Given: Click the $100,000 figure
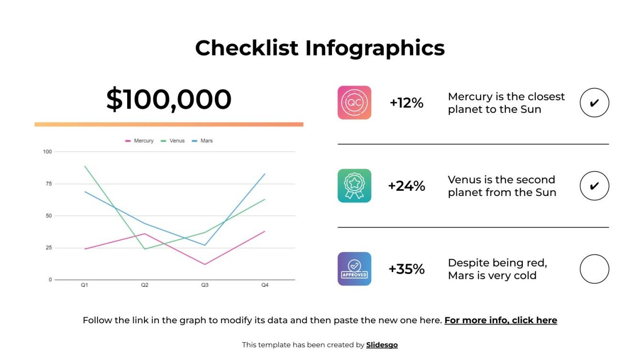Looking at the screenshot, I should click(x=169, y=99).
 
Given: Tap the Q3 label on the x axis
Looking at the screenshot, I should click(x=205, y=285).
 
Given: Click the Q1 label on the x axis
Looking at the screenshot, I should click(x=84, y=285).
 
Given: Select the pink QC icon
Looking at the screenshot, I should click(x=354, y=102).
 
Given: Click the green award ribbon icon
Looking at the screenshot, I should click(x=354, y=185).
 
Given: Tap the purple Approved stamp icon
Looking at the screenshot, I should click(x=354, y=269).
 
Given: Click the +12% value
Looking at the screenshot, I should click(x=407, y=103).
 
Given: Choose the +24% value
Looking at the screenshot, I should click(x=407, y=186).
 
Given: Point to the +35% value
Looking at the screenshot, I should click(x=407, y=269).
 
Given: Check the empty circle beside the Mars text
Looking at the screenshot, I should click(x=594, y=269).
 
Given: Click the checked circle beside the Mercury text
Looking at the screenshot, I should click(x=594, y=102).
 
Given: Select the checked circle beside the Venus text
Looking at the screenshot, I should click(x=594, y=185).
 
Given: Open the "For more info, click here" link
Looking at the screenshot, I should click(x=501, y=320).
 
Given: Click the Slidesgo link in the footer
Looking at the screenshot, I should click(x=382, y=345).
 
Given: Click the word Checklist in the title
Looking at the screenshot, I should click(x=247, y=48).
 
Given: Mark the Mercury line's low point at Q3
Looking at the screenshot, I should click(x=205, y=264).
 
